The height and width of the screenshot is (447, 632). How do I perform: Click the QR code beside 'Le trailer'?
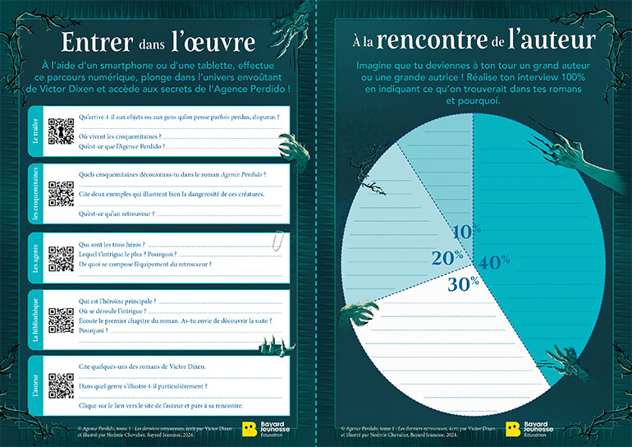(61, 131)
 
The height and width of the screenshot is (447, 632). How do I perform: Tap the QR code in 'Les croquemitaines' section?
(61, 194)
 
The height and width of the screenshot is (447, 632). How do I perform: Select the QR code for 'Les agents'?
(61, 257)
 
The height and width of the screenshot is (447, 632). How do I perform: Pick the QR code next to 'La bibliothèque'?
(61, 320)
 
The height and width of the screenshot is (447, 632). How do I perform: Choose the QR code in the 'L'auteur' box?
(61, 385)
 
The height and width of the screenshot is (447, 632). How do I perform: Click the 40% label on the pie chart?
(494, 262)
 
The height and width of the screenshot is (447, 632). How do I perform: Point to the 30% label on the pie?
(464, 284)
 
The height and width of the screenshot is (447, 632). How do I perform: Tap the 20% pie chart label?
(447, 258)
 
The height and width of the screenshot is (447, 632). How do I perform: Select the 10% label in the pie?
(465, 232)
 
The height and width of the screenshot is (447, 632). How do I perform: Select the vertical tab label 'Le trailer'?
(36, 131)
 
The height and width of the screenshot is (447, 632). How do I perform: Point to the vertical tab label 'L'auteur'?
(36, 385)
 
